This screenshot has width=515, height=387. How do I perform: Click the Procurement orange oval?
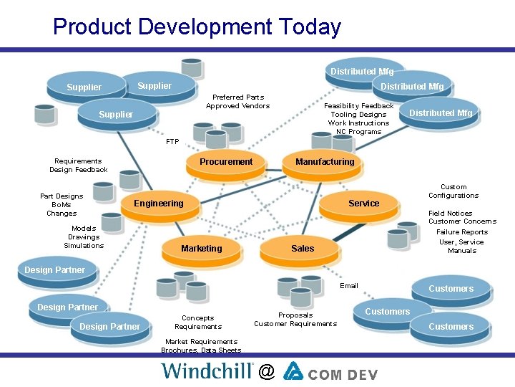point(226,162)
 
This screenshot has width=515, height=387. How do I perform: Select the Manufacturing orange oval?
point(325,162)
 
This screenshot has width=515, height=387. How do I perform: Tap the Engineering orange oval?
point(158,204)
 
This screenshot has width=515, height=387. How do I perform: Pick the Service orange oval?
point(363,204)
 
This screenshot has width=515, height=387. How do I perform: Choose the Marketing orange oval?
point(201,249)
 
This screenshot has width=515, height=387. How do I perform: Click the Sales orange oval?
point(303,249)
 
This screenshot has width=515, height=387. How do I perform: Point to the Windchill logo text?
point(207,371)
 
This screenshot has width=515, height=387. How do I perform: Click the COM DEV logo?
point(330,371)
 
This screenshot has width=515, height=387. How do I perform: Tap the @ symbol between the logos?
point(267,371)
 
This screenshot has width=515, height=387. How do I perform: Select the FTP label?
point(172,142)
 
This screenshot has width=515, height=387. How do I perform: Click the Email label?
point(349,286)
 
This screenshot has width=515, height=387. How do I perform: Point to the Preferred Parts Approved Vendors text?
point(237,102)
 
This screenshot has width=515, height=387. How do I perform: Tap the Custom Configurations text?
point(453,191)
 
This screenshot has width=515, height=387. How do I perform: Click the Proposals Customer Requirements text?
point(295,320)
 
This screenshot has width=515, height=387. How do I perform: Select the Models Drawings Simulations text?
point(84,237)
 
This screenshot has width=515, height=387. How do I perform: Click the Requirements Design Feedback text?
point(78,166)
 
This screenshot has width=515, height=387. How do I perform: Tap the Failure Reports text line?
point(462,232)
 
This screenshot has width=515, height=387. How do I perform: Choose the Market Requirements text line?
point(200,342)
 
